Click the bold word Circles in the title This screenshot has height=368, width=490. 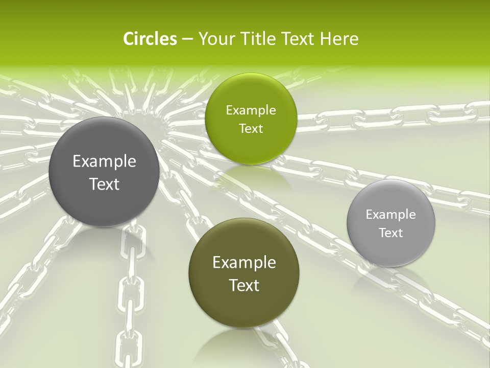pyautogui.click(x=150, y=39)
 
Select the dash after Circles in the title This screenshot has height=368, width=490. pyautogui.click(x=187, y=39)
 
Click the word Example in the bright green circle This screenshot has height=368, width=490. pyautogui.click(x=251, y=110)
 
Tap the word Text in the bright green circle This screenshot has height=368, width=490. pyautogui.click(x=251, y=128)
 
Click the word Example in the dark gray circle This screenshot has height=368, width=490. pyautogui.click(x=104, y=162)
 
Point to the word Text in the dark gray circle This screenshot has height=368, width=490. pyautogui.click(x=104, y=184)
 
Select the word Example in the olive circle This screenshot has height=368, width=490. pyautogui.click(x=244, y=263)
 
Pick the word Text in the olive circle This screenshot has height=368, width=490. pyautogui.click(x=244, y=285)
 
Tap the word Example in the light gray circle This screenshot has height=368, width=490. pyautogui.click(x=391, y=215)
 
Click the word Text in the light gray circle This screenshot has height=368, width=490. pyautogui.click(x=391, y=233)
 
